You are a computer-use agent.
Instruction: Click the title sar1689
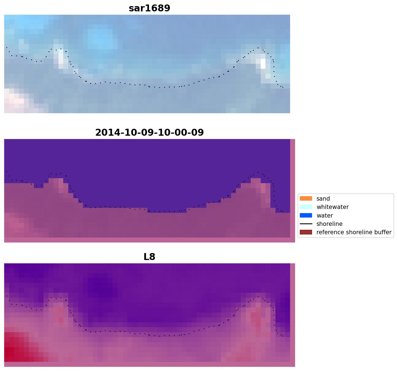pyautogui.click(x=149, y=8)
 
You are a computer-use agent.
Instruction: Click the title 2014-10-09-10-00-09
pyautogui.click(x=149, y=133)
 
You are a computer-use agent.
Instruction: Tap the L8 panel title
pyautogui.click(x=149, y=257)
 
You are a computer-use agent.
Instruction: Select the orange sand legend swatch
pyautogui.click(x=306, y=199)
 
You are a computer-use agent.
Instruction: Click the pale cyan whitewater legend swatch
pyautogui.click(x=306, y=207)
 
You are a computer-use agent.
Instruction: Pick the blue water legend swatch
pyautogui.click(x=306, y=216)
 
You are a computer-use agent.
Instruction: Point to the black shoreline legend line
pyautogui.click(x=306, y=224)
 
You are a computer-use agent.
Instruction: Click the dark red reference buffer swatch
pyautogui.click(x=306, y=232)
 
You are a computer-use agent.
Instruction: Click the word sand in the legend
pyautogui.click(x=323, y=199)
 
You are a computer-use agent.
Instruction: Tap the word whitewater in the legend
pyautogui.click(x=333, y=207)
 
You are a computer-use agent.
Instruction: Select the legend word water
pyautogui.click(x=325, y=216)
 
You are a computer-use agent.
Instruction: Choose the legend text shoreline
pyautogui.click(x=329, y=224)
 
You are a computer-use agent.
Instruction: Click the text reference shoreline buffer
pyautogui.click(x=354, y=232)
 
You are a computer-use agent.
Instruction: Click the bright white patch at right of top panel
pyautogui.click(x=263, y=64)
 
